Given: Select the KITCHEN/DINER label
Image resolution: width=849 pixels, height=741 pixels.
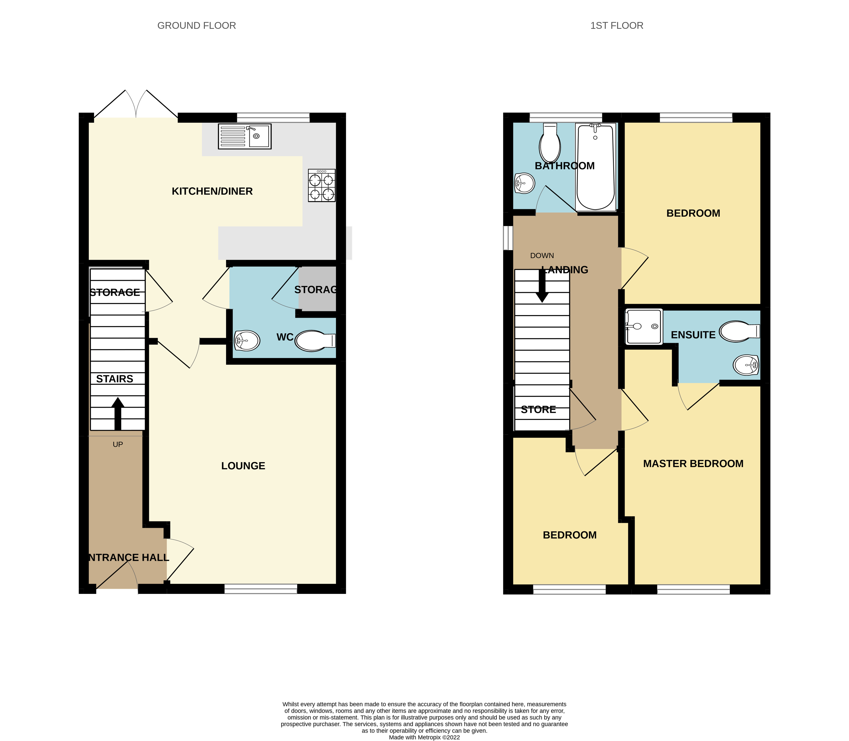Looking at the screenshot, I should pos(212,191).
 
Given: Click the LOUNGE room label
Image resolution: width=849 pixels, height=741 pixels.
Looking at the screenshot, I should pos(243,466).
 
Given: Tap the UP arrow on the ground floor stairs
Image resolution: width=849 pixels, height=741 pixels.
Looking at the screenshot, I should pos(118,414).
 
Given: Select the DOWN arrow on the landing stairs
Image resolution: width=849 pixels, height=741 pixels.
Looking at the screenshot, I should pos(542,285).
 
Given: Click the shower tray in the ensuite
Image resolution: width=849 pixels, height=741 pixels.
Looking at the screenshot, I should pos(643,327).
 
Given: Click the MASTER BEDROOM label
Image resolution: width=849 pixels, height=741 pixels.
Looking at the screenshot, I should pos(693,463).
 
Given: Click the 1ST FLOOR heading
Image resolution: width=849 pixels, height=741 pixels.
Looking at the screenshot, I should pos(617,26).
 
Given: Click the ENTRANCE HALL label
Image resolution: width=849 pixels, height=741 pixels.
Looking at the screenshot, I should pos(129,557).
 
